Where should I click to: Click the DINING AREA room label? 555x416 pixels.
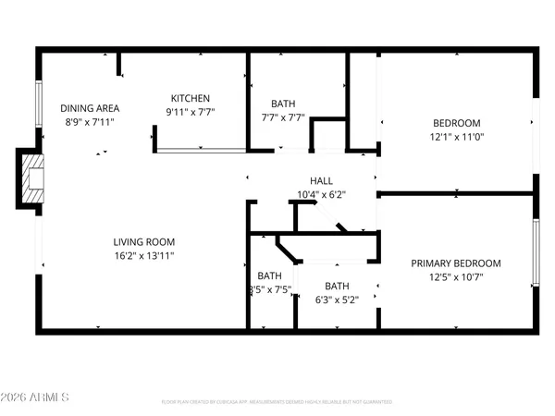(x=90, y=108)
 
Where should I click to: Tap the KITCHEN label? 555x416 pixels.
(x=191, y=99)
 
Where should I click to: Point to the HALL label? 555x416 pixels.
(x=321, y=181)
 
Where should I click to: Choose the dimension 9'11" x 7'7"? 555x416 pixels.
(x=191, y=113)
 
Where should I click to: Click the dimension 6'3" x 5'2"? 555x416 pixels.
(x=337, y=299)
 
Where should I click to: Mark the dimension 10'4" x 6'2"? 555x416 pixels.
(x=321, y=194)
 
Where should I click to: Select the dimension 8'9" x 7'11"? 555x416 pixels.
(x=90, y=121)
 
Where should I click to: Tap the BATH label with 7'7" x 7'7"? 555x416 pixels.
(x=283, y=104)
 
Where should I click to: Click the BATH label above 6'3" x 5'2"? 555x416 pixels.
(x=337, y=286)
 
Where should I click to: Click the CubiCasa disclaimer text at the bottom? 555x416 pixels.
(x=277, y=402)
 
